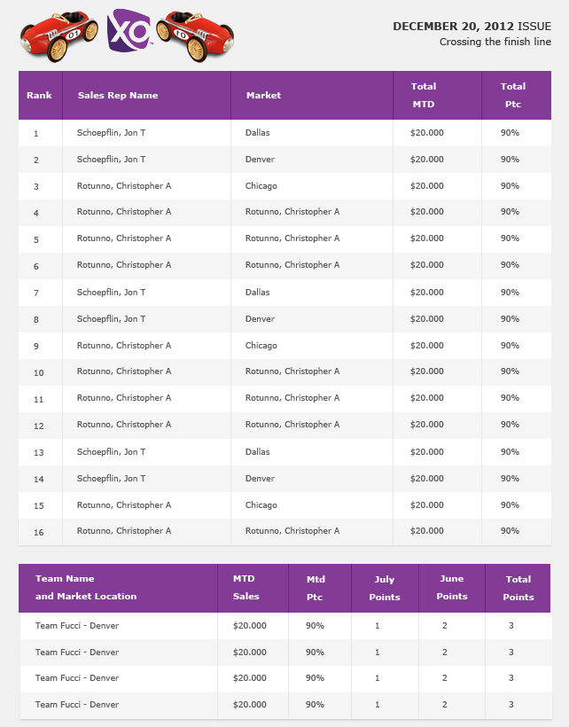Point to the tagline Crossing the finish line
(x=495, y=42)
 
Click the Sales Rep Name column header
(x=118, y=95)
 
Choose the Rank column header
(x=39, y=95)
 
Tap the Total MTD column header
(x=424, y=95)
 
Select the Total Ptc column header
(x=512, y=95)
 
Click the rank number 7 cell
(x=36, y=293)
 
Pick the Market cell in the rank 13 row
(x=258, y=452)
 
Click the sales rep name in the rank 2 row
(x=111, y=160)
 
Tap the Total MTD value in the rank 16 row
(x=426, y=531)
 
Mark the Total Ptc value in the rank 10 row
(x=510, y=371)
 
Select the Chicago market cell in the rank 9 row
(x=261, y=346)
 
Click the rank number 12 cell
(x=38, y=426)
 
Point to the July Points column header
(x=385, y=588)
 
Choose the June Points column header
(x=451, y=588)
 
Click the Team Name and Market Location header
(x=86, y=588)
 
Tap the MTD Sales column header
(x=246, y=588)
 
